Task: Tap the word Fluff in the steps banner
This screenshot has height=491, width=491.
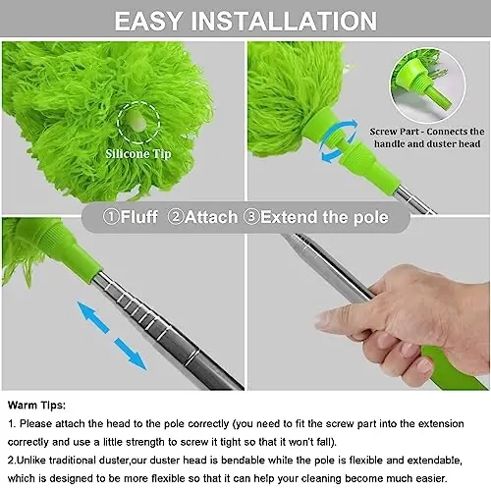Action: [x=139, y=216]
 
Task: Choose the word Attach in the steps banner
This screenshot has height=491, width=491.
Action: [x=211, y=216]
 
